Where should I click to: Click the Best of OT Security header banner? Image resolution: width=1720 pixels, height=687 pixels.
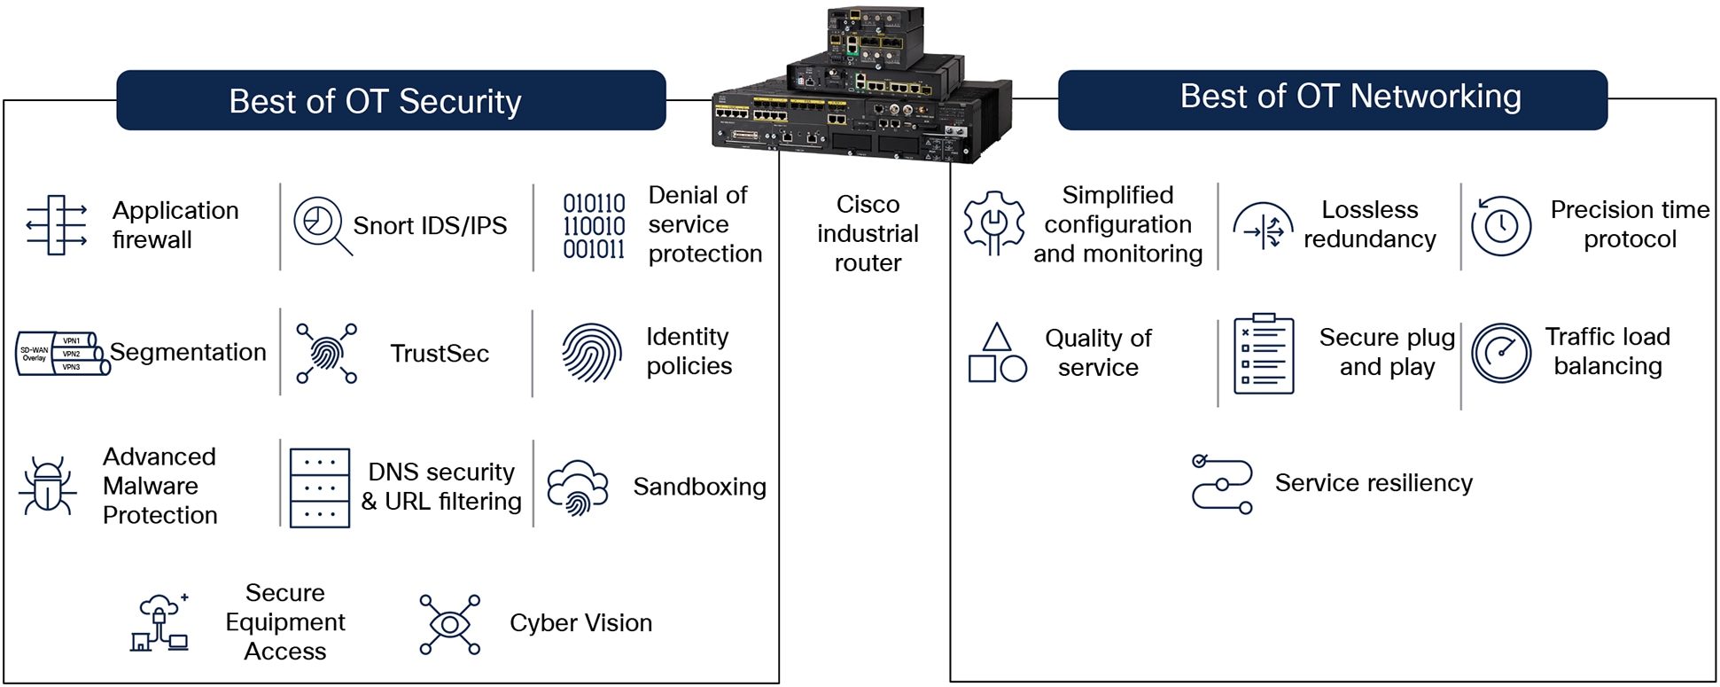coord(391,101)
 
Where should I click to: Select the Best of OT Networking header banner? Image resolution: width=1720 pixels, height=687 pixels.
coord(1332,98)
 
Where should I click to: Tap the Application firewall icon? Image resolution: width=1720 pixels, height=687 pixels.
coord(57,225)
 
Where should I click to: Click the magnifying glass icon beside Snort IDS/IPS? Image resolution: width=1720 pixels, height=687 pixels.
coord(321,225)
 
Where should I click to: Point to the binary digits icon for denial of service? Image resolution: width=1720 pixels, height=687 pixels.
coord(594,226)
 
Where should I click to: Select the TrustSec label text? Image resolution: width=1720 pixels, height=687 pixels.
coord(440,354)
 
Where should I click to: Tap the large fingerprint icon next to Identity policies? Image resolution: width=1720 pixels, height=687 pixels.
coord(591,353)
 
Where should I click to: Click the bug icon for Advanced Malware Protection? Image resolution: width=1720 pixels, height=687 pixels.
coord(47,486)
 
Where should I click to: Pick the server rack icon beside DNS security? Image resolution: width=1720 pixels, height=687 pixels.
coord(319,488)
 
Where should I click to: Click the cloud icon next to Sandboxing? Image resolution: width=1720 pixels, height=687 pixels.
coord(577,487)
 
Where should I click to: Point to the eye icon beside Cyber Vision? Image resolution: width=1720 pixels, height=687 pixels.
coord(449,625)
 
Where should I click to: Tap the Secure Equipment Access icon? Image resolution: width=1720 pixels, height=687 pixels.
coord(160,623)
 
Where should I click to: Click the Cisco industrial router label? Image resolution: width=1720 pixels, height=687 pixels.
coord(867,233)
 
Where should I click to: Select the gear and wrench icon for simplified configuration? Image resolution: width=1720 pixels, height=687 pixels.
coord(993,223)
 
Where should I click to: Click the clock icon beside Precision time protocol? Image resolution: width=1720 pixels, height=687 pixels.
coord(1500,226)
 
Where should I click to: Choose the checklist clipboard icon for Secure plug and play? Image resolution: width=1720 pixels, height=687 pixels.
coord(1263,354)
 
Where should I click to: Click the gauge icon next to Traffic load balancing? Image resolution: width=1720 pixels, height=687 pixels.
coord(1500,353)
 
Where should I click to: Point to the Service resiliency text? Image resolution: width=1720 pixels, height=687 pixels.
coord(1373,483)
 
